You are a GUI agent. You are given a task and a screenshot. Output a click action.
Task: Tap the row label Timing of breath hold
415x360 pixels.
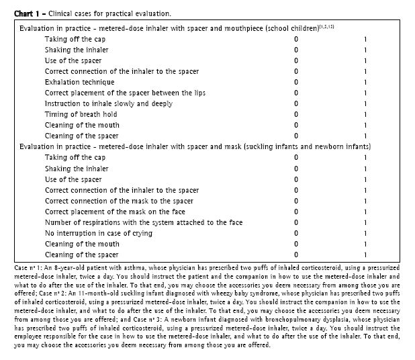coord(81,114)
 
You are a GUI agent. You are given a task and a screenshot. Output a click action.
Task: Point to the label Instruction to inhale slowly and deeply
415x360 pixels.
coord(112,103)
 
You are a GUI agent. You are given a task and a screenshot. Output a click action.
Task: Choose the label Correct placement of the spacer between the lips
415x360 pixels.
coord(128,93)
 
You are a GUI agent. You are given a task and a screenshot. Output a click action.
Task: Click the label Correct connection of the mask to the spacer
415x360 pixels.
coord(119,201)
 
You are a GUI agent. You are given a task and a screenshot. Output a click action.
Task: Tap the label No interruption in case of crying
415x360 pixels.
coord(98,233)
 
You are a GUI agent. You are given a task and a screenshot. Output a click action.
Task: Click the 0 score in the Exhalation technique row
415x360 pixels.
coord(296,82)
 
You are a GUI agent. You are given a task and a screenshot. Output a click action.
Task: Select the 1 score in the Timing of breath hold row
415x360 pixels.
coord(365,114)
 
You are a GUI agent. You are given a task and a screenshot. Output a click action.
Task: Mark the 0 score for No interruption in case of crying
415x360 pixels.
coord(296,233)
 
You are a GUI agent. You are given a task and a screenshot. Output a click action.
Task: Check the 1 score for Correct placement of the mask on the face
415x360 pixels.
coord(365,212)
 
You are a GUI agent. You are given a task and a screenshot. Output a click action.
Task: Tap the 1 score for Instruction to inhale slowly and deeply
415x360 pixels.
coord(365,103)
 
